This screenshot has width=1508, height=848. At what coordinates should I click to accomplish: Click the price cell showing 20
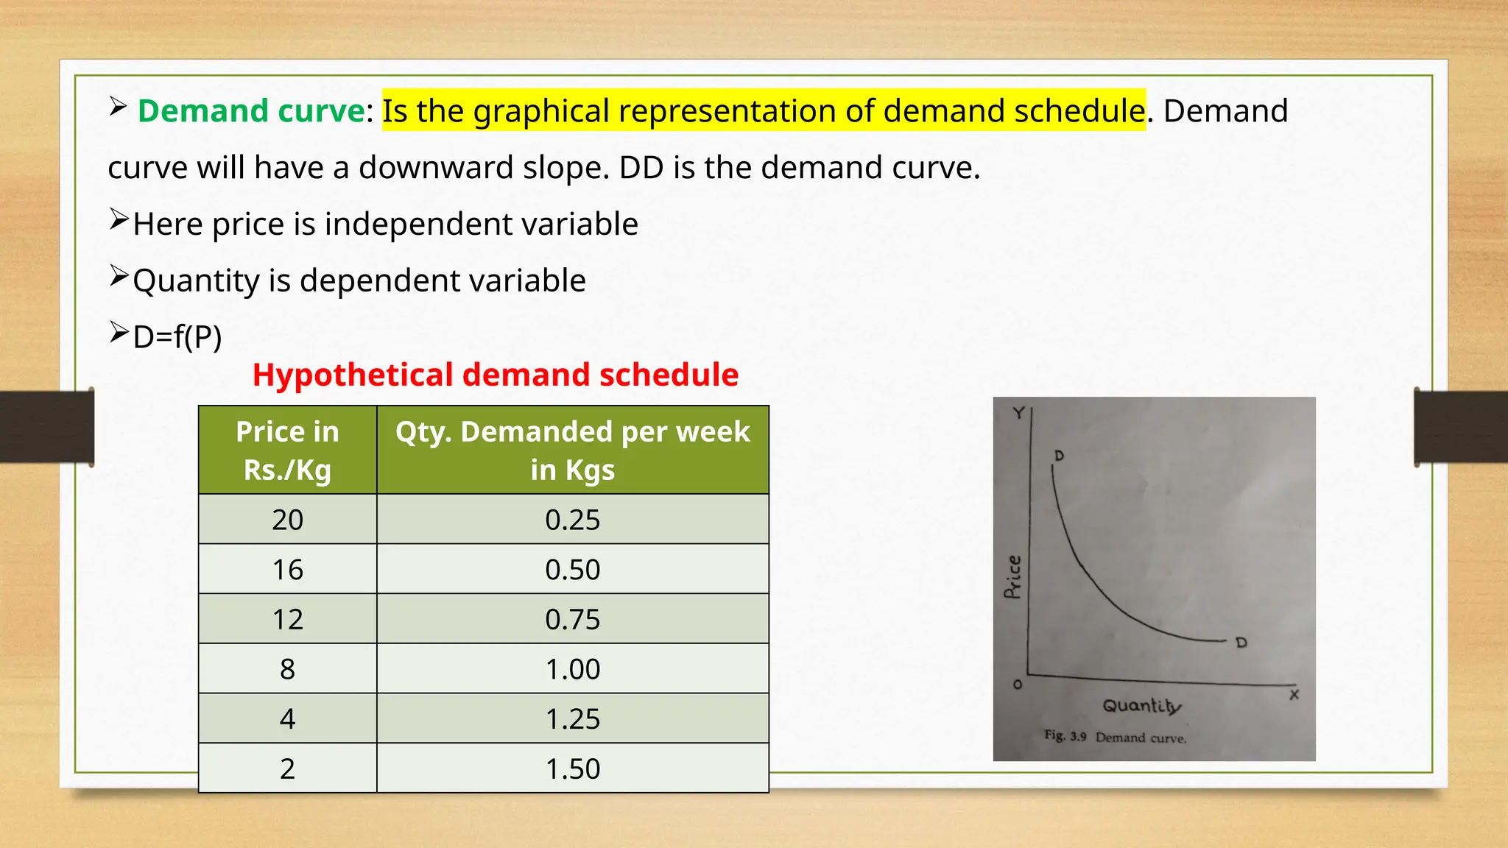click(287, 520)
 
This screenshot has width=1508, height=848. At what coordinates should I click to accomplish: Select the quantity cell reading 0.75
click(572, 619)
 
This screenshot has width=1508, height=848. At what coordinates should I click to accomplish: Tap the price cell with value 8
click(287, 669)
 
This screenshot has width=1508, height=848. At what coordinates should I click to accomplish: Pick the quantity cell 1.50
click(572, 768)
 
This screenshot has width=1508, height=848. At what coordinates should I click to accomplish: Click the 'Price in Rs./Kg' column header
click(287, 450)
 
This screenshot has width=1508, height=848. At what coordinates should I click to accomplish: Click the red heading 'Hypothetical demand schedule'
click(495, 375)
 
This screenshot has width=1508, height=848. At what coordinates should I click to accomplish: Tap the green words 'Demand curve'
click(251, 111)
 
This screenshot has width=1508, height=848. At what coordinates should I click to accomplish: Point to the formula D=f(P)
click(177, 337)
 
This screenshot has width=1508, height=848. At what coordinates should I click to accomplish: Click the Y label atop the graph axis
click(1018, 413)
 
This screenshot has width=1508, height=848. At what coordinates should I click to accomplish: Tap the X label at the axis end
click(1294, 694)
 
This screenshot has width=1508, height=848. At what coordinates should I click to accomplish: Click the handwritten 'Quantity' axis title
click(1141, 706)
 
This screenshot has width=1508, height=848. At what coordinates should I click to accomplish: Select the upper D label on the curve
click(1059, 456)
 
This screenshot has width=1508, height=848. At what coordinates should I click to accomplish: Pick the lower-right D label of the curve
click(1241, 643)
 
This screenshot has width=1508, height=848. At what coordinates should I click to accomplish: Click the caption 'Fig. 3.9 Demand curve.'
click(1115, 737)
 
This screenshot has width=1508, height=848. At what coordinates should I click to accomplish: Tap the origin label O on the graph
click(1018, 685)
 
